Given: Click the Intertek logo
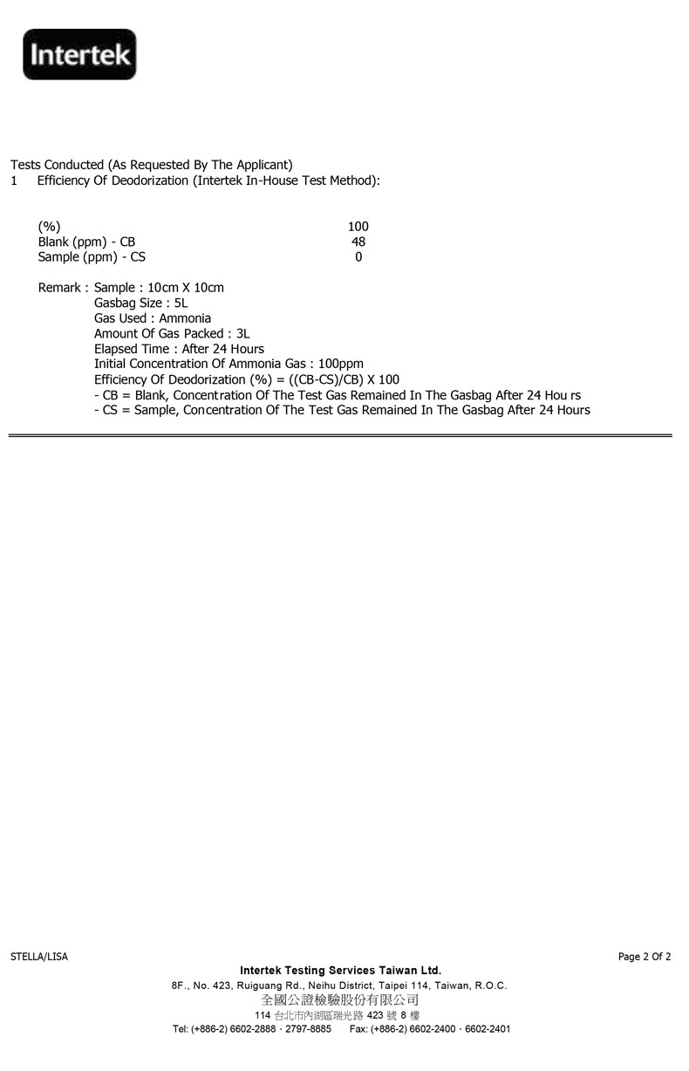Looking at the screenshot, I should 79,55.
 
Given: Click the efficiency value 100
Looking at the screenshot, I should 358,227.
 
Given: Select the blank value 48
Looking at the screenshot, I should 358,242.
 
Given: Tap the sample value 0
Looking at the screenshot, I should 358,257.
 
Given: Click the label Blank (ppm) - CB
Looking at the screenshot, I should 86,242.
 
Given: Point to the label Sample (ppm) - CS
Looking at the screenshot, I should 92,257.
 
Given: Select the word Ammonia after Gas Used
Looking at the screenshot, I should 185,318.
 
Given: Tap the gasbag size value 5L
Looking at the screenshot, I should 181,304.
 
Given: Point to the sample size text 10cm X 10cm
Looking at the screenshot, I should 186,288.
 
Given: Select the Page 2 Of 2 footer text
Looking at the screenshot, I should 645,957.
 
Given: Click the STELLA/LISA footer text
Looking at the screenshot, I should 39,957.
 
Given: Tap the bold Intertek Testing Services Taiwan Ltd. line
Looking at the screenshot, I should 340,970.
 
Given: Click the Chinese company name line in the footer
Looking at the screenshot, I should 340,999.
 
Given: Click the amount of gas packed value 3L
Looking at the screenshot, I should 243,334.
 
